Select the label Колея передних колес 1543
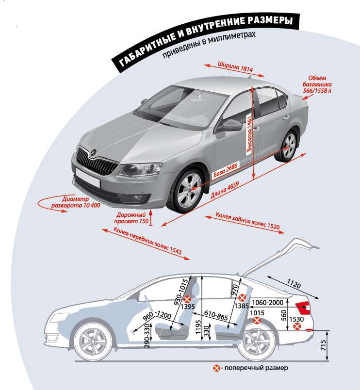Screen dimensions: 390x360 click(x=147, y=242)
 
